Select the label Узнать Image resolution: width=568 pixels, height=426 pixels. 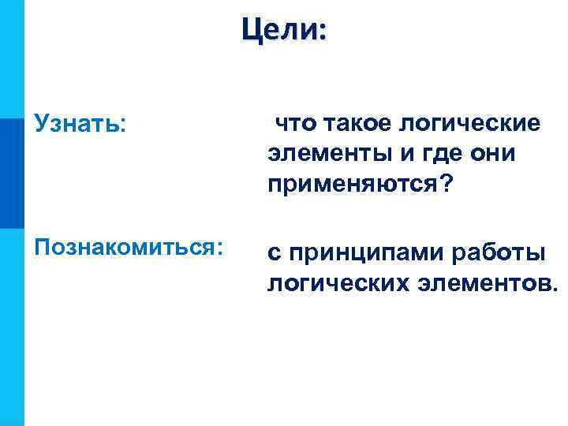click(x=78, y=125)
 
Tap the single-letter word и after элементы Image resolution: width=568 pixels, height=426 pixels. click(x=385, y=154)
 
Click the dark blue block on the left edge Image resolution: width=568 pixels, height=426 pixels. click(x=12, y=174)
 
